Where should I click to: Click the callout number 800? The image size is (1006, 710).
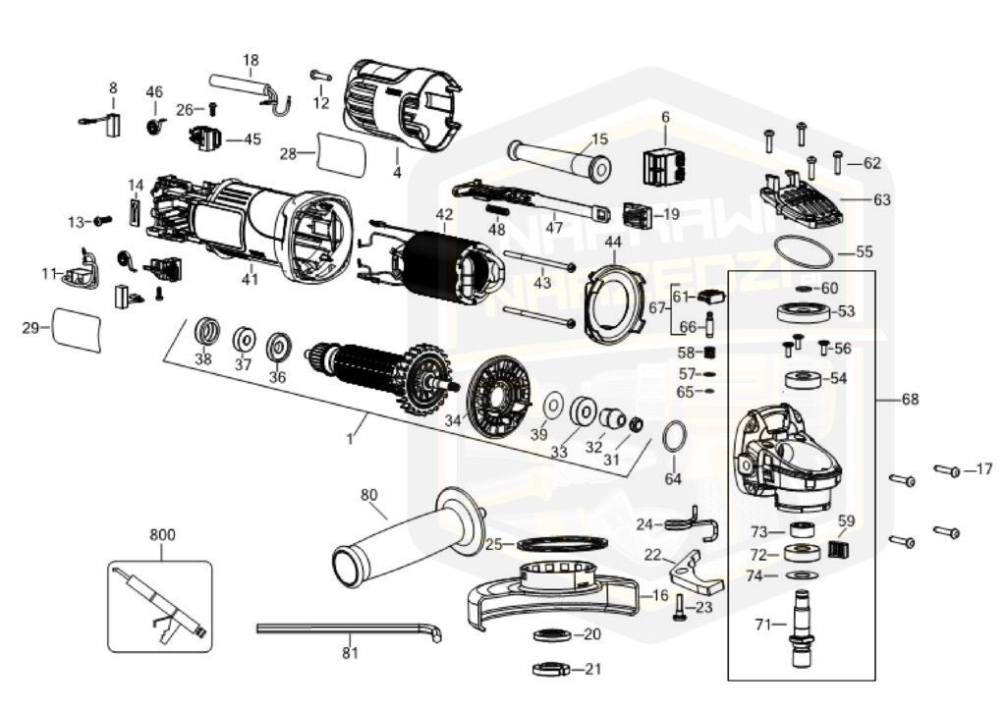pyautogui.click(x=162, y=535)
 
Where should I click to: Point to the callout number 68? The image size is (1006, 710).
pyautogui.click(x=911, y=399)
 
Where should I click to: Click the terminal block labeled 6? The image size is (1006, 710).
pyautogui.click(x=664, y=164)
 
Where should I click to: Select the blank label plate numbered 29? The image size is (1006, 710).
pyautogui.click(x=77, y=327)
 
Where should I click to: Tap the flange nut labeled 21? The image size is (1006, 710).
pyautogui.click(x=552, y=671)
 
